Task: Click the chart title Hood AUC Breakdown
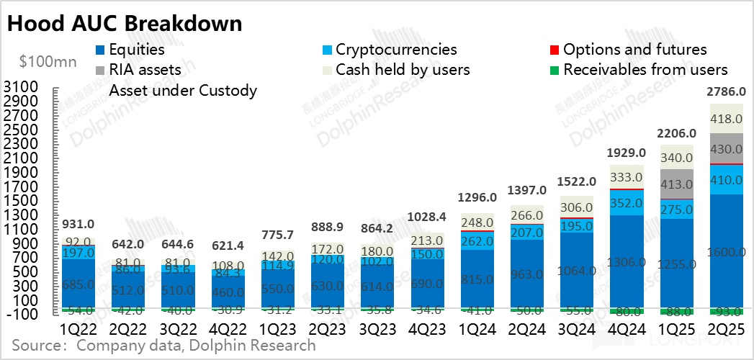125,23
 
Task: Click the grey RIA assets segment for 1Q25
676,184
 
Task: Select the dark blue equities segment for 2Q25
727,251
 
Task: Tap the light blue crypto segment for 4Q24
626,202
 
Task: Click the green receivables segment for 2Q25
727,312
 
